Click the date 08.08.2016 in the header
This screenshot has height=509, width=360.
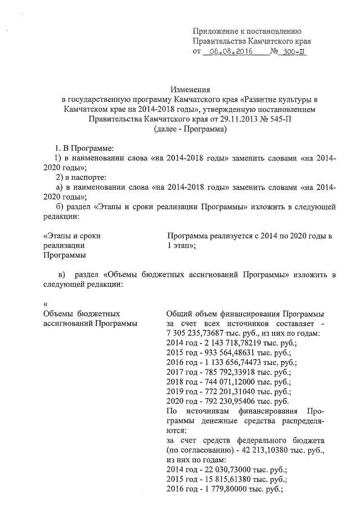point(228,52)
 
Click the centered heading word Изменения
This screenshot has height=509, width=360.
point(190,89)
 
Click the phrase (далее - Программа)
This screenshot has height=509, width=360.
point(190,129)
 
